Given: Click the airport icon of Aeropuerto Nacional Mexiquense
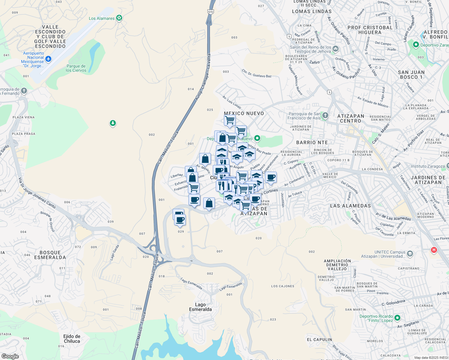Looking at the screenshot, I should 48,58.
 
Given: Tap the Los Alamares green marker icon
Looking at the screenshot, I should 119,18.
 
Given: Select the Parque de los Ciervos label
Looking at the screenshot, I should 76,68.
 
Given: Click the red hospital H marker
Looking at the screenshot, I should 434,250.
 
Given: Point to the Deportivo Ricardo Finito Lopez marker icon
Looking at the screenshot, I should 397,318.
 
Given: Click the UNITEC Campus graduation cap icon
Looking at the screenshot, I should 410,254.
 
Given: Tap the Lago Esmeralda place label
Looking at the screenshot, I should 200,307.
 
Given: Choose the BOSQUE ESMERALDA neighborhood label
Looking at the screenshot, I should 50,255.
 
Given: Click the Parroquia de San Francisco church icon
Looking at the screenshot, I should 325,115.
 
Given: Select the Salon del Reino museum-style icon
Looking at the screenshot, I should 336,48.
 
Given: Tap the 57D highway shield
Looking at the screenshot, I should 210,12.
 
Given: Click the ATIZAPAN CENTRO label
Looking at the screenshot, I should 351,118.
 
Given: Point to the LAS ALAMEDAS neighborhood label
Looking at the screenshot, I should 350,206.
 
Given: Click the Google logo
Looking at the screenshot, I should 10,356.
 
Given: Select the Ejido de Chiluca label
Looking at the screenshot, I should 72,339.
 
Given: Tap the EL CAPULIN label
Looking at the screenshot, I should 319,340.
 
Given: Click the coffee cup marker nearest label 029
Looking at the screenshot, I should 180,220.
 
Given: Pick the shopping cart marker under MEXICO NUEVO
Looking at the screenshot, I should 230,120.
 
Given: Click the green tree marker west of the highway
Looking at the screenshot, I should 113,123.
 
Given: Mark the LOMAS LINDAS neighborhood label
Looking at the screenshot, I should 312,11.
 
